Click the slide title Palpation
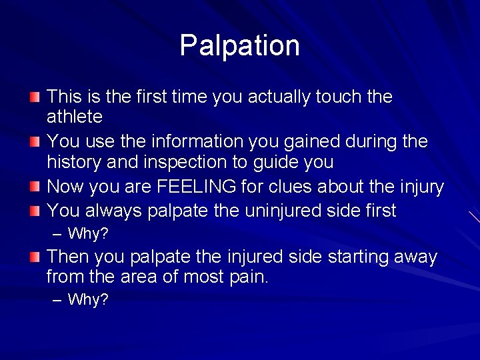tap(239, 45)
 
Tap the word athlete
tap(74, 117)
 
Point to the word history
tap(72, 163)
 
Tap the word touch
tap(332, 97)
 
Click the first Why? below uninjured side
tap(88, 234)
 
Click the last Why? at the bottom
tap(88, 300)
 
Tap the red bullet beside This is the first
tap(34, 98)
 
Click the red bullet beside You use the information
tap(34, 143)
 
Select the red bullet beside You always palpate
tap(34, 212)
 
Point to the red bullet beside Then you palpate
tap(34, 257)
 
